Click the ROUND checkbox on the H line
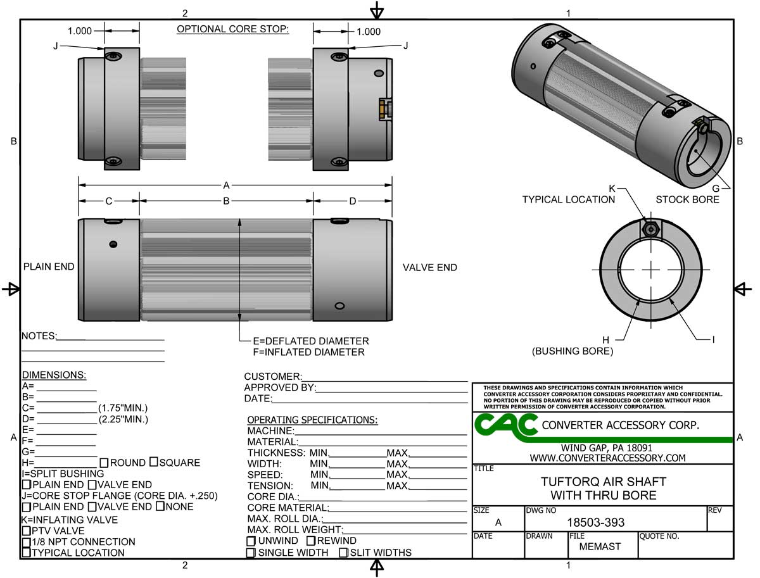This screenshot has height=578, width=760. click(104, 463)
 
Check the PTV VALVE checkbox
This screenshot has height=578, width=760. click(26, 531)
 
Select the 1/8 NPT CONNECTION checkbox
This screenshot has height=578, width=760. click(26, 543)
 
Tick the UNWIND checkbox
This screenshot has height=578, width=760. click(251, 541)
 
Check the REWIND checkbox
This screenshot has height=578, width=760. click(311, 541)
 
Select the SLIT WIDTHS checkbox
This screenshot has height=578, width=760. click(343, 553)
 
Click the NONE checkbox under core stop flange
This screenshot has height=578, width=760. click(160, 506)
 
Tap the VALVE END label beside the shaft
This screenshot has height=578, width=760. click(429, 268)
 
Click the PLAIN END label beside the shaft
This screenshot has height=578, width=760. click(49, 267)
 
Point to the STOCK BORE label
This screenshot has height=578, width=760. click(687, 199)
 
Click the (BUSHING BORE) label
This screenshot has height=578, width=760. click(573, 351)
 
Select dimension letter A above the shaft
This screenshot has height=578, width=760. click(226, 185)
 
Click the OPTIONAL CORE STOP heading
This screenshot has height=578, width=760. click(232, 29)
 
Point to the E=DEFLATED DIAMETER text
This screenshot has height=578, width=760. click(310, 341)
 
